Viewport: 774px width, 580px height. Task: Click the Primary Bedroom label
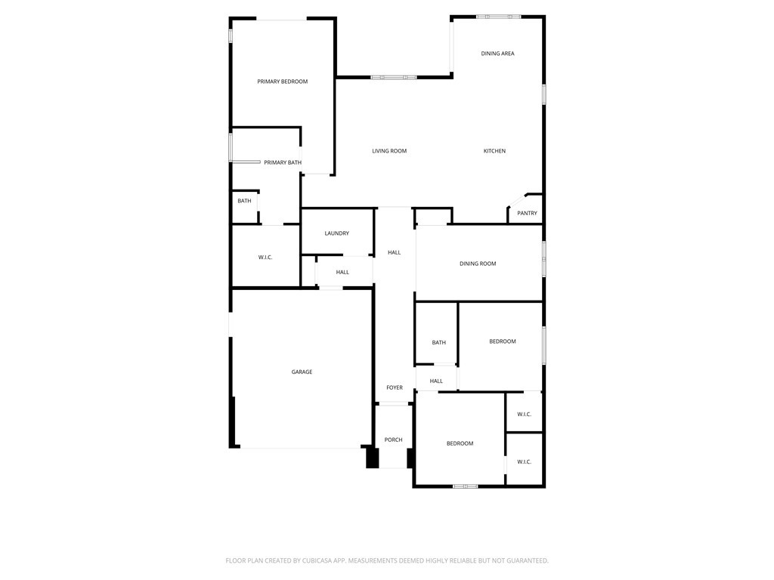coord(282,82)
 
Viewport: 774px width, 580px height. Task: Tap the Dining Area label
coord(497,54)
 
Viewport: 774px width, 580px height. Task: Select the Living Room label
coord(389,151)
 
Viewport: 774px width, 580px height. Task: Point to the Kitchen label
coord(494,151)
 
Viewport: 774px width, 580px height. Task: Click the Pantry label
coord(527,214)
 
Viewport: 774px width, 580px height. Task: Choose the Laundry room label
coord(336,233)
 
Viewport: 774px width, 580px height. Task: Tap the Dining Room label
coord(478,264)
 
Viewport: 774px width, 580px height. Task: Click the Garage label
coord(302,372)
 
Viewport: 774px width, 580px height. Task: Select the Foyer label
coord(395,387)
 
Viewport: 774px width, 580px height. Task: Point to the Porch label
coord(393,440)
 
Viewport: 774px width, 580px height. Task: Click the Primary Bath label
coord(283,162)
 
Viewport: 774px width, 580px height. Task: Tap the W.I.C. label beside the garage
coord(265,258)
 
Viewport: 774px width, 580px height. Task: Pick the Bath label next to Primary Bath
coord(244,201)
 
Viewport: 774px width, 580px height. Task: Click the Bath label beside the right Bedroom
coord(438,343)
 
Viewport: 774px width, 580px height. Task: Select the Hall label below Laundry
coord(342,272)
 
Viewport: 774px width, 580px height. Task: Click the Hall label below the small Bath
coord(436,381)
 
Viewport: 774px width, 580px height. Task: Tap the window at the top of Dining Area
coord(498,16)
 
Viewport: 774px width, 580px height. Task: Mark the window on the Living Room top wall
coord(393,76)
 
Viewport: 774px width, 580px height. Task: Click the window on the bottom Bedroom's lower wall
coord(465,486)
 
